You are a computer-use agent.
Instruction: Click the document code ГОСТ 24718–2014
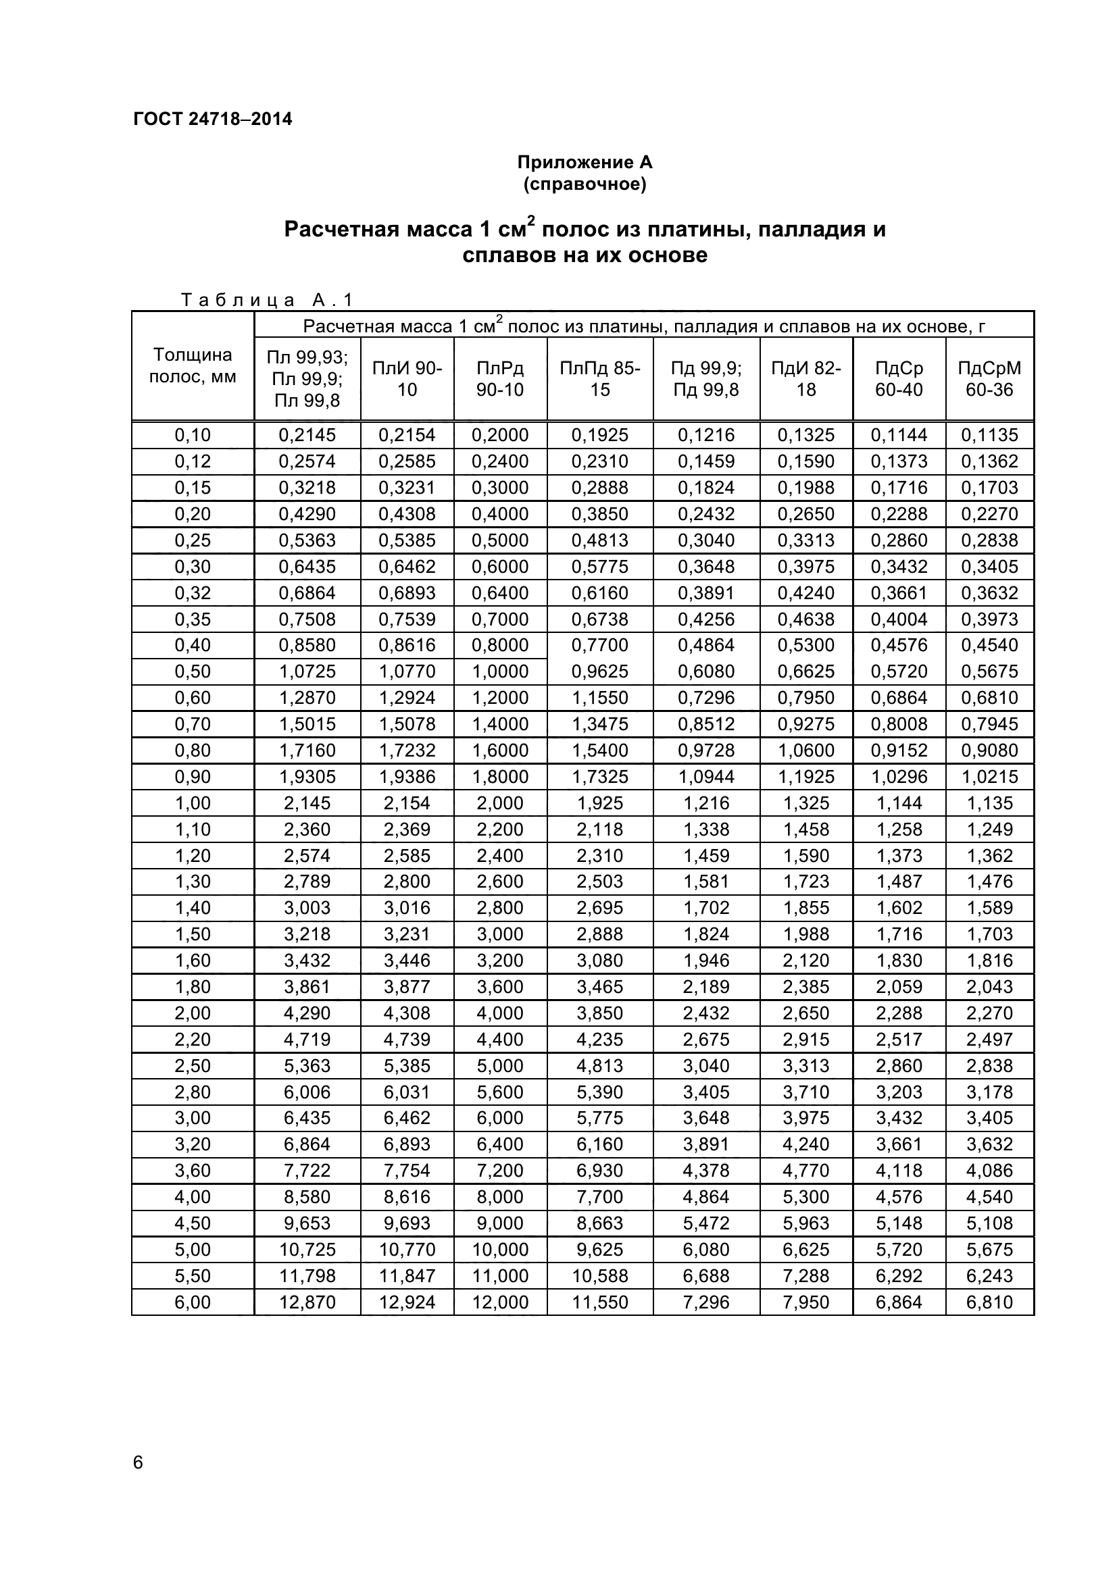213,119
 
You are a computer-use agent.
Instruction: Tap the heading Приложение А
585,162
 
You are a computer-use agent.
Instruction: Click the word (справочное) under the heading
585,184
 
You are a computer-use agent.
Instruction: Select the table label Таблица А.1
267,299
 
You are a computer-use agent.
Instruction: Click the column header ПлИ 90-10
407,378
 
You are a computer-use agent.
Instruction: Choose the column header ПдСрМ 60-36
989,378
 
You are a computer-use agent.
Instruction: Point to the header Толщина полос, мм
193,365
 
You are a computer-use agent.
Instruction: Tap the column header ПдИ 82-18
806,378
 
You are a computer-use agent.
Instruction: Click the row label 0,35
193,619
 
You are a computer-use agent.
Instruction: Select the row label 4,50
193,1223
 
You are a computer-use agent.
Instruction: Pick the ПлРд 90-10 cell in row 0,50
500,671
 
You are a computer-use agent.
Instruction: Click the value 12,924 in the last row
407,1302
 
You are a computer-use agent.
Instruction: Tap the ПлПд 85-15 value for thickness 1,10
599,830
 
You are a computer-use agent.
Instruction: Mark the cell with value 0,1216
706,435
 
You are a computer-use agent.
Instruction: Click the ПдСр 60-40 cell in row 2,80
899,1092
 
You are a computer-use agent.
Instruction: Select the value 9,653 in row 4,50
307,1223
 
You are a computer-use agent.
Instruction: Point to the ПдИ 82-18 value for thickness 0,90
806,776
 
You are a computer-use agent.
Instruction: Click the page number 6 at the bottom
139,1462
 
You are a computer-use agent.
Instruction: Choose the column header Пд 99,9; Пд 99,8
706,378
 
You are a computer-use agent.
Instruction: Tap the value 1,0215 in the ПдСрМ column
989,776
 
